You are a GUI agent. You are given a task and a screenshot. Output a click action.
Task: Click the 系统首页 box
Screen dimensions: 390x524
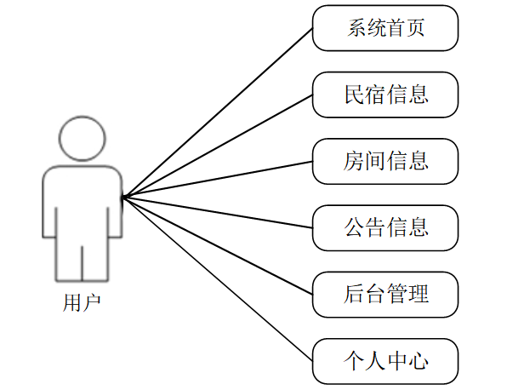pos(385,28)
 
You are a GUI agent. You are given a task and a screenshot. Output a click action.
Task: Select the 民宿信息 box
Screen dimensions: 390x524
pos(385,95)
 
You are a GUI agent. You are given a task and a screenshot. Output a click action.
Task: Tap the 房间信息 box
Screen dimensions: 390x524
pos(385,161)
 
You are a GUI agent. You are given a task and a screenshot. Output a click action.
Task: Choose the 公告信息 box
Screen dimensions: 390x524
pos(385,227)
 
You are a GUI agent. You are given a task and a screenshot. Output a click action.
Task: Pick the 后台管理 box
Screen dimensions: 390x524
pos(385,294)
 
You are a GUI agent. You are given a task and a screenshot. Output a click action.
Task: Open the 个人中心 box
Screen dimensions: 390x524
pos(385,360)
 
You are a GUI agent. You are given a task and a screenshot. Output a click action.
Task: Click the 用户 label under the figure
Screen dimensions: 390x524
pos(82,302)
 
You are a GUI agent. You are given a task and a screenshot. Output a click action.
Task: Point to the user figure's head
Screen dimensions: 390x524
pos(82,139)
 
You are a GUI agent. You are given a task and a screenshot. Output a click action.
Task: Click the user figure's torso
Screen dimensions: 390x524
pos(82,204)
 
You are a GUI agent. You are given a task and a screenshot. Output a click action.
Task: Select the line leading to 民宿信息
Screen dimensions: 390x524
pos(218,146)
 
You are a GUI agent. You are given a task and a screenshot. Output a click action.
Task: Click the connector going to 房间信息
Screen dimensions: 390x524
pos(218,180)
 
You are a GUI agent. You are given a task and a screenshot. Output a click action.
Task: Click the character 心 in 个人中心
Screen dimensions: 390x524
pos(417,361)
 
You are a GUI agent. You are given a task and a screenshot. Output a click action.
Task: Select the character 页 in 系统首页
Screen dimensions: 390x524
pos(417,28)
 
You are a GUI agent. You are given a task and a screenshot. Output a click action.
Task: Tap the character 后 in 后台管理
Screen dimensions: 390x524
pos(355,295)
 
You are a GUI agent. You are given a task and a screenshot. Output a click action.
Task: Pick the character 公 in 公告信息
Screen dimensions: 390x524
pos(355,227)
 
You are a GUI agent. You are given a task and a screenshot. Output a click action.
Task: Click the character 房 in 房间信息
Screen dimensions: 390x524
pos(355,161)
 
